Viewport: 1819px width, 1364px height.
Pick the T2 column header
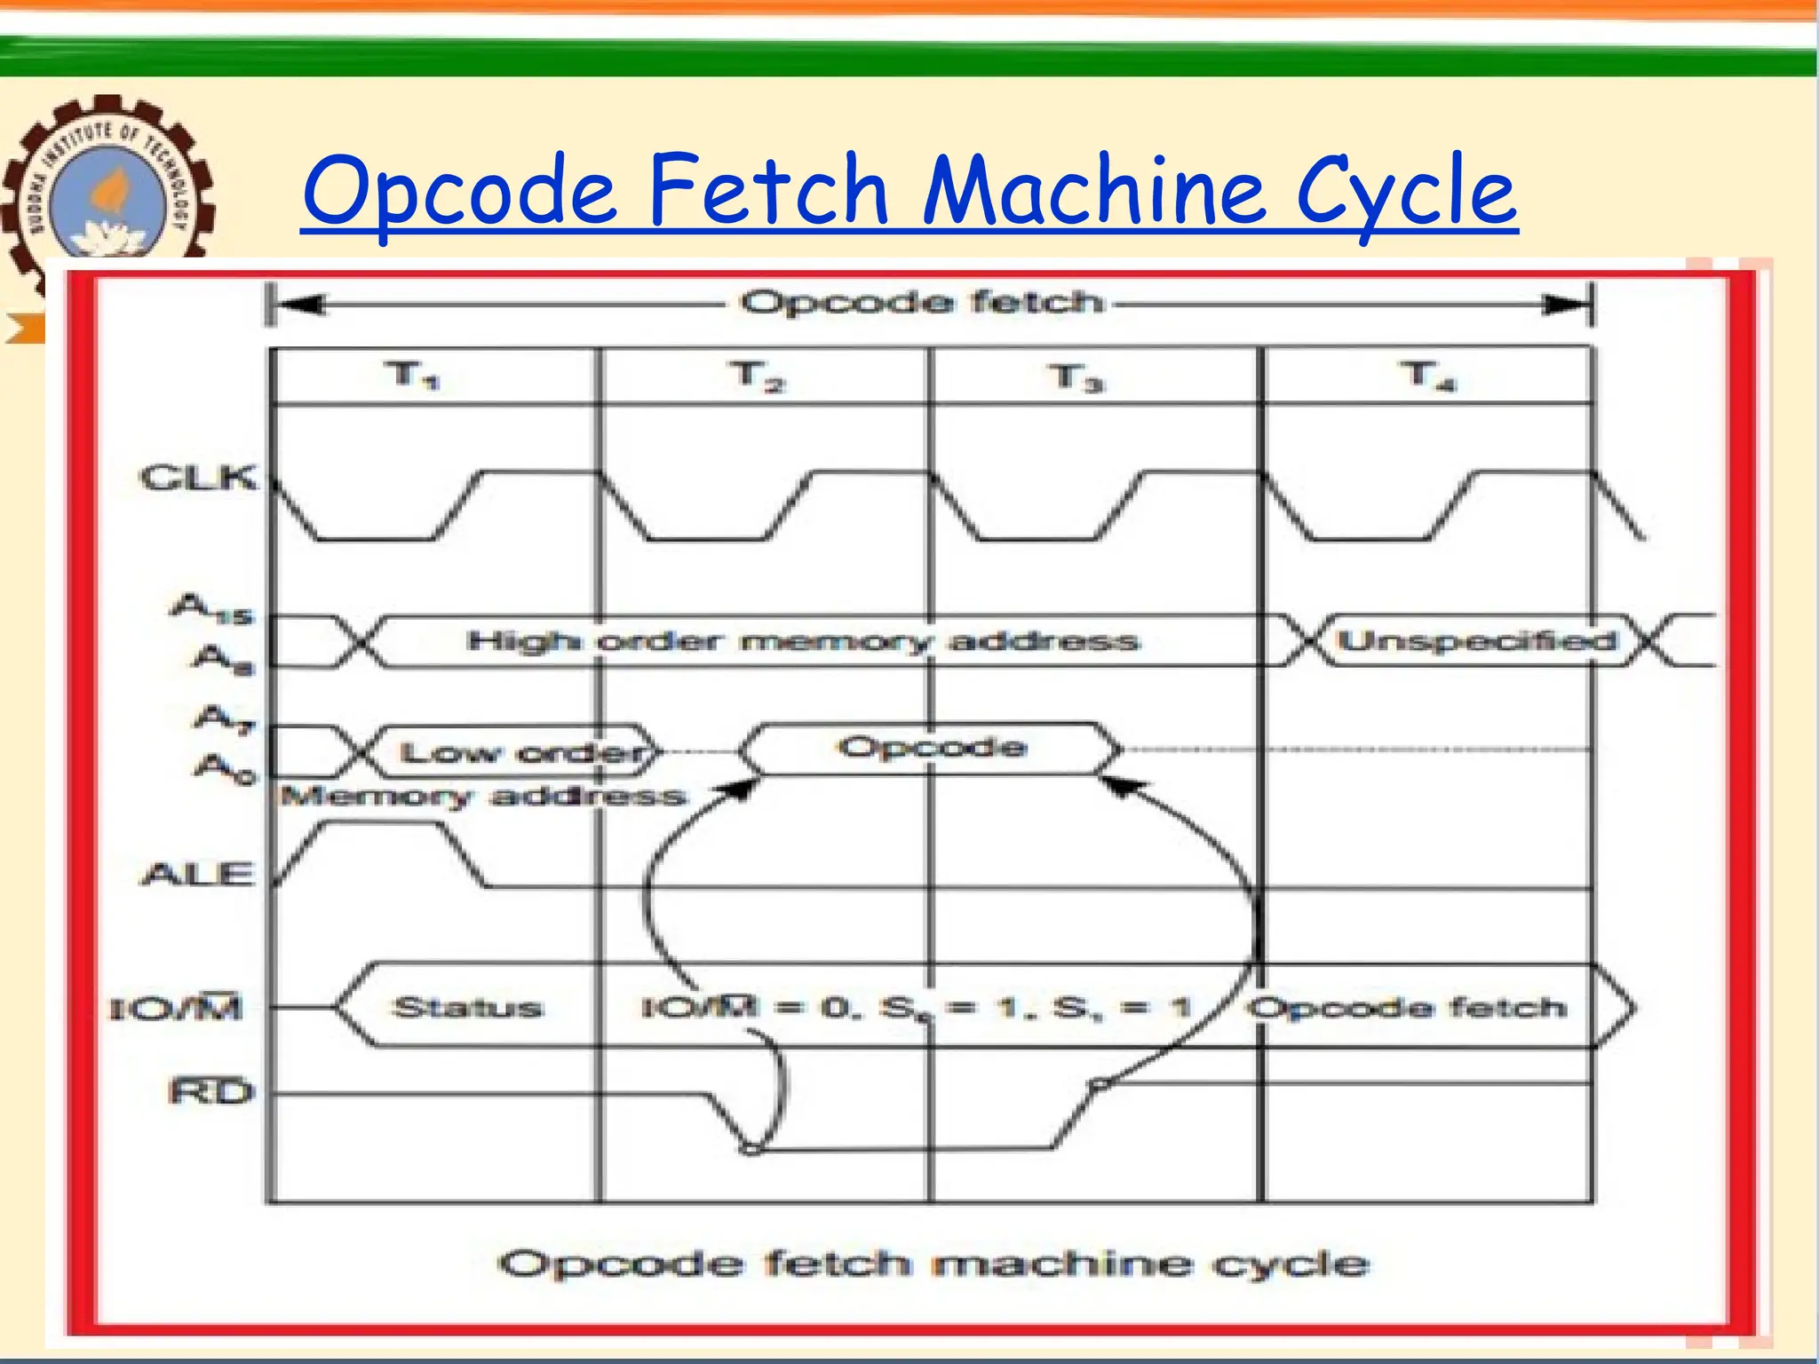click(758, 376)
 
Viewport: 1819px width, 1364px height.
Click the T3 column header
click(1075, 377)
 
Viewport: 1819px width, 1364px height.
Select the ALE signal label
click(197, 875)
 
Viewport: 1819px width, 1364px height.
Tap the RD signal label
click(210, 1091)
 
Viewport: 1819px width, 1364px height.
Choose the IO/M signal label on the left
click(176, 1009)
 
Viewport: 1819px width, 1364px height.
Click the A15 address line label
click(211, 609)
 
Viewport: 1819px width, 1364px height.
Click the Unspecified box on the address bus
click(1476, 640)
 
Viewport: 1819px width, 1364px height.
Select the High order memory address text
click(803, 641)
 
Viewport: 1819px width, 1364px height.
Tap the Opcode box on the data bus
click(932, 748)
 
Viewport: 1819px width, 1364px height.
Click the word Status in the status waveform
click(467, 1008)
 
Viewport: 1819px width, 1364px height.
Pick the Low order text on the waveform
click(522, 753)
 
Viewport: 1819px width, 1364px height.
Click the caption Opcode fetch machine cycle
click(933, 1263)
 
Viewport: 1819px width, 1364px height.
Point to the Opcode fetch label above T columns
click(921, 303)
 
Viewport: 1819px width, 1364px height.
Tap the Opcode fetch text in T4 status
click(1406, 1008)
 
